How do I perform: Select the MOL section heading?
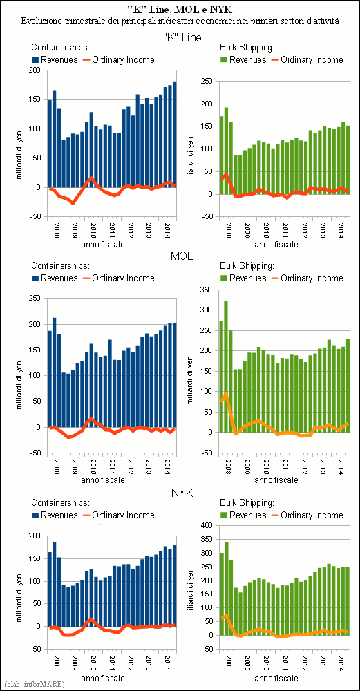coord(180,256)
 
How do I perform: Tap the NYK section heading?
coord(180,493)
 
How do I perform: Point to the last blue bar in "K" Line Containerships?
coord(175,134)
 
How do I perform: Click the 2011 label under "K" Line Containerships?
coord(113,229)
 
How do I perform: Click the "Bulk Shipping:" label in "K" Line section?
coord(247,47)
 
